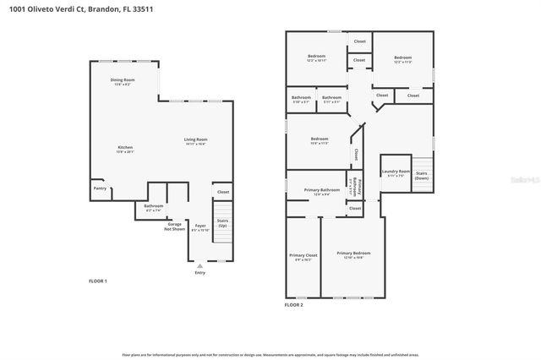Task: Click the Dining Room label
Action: pos(123,81)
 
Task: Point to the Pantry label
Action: pos(100,188)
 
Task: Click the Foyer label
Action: pos(200,226)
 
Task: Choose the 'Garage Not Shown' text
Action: pos(174,227)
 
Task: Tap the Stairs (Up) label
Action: pos(223,223)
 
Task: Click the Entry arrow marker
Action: pos(200,265)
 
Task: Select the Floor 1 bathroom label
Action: pos(153,206)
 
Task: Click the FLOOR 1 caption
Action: pos(98,281)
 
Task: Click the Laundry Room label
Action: pos(396,172)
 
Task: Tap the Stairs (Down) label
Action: pos(421,175)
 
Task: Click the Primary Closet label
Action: pos(303,256)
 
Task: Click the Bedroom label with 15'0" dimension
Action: pos(319,139)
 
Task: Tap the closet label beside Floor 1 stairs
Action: pos(223,193)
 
